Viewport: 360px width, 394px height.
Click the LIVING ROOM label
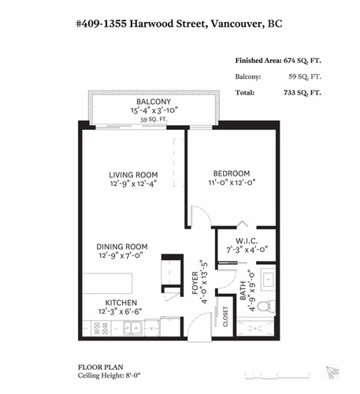pyautogui.click(x=133, y=174)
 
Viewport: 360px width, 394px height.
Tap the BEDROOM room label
pyautogui.click(x=231, y=173)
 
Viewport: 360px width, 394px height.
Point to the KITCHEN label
pyautogui.click(x=121, y=303)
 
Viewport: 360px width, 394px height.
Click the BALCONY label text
pyautogui.click(x=154, y=102)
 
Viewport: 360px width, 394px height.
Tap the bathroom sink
pyautogui.click(x=267, y=279)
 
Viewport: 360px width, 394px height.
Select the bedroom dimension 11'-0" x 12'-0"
pyautogui.click(x=231, y=184)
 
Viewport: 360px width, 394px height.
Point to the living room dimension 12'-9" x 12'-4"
pyautogui.click(x=133, y=184)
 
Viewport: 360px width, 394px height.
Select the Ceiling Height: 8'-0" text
pyautogui.click(x=109, y=377)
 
